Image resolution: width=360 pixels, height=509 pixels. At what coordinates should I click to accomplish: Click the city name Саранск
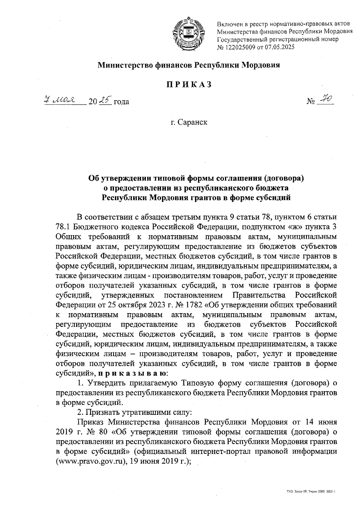tap(192, 122)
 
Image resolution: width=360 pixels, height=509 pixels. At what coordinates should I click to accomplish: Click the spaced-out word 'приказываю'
tap(133, 374)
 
